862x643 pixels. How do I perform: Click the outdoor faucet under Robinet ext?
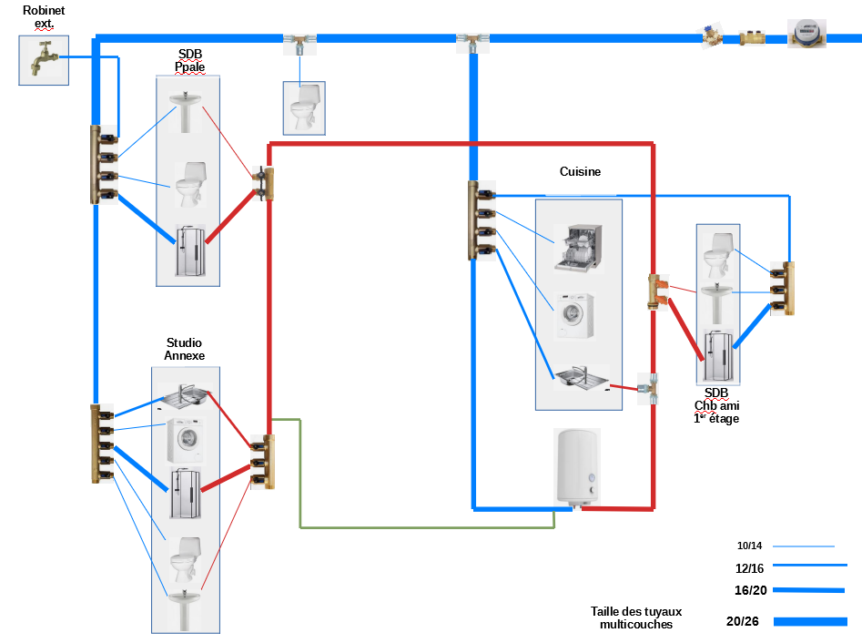pyautogui.click(x=43, y=61)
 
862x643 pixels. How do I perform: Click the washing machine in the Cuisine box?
pyautogui.click(x=575, y=315)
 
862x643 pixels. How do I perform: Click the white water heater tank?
pyautogui.click(x=577, y=465)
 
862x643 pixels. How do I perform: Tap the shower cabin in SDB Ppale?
pyautogui.click(x=190, y=250)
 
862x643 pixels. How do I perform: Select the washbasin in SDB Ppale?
pyautogui.click(x=189, y=110)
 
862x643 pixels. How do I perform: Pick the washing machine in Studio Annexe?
pyautogui.click(x=185, y=441)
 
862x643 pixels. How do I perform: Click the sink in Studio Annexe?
pyautogui.click(x=185, y=396)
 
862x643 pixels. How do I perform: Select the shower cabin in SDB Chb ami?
pyautogui.click(x=718, y=355)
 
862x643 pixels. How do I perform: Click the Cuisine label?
pyautogui.click(x=580, y=171)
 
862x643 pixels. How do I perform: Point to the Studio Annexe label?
pyautogui.click(x=185, y=349)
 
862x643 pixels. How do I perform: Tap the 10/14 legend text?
pyautogui.click(x=749, y=546)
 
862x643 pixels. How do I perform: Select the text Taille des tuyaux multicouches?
pyautogui.click(x=635, y=618)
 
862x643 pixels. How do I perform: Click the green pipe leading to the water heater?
pyautogui.click(x=428, y=527)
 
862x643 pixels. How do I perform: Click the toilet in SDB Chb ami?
pyautogui.click(x=718, y=255)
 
